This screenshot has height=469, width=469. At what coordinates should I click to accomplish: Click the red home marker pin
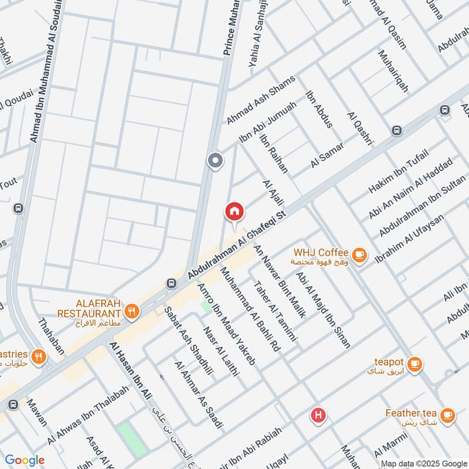(234, 211)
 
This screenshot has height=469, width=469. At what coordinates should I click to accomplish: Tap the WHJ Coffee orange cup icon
(359, 255)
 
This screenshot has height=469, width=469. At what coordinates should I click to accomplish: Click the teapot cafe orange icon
(414, 363)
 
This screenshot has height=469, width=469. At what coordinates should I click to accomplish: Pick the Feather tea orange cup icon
(447, 414)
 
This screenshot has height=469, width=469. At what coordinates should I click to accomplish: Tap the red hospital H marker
(318, 416)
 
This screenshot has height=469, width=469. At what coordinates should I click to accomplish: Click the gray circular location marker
(215, 160)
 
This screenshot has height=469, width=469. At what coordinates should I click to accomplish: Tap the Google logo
(25, 460)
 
